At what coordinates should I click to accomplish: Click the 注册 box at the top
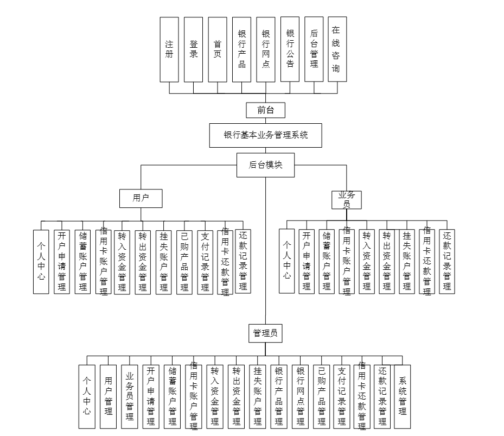(169, 49)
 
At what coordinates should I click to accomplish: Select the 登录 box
(193, 49)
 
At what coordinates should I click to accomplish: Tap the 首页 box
(217, 49)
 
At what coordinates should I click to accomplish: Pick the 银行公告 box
(290, 49)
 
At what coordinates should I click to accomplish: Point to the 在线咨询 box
(337, 49)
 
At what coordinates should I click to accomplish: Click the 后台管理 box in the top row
(314, 49)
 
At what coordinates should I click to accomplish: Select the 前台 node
(265, 110)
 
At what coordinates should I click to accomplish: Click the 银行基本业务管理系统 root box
(265, 136)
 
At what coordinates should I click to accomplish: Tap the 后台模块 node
(265, 165)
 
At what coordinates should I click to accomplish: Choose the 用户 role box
(141, 198)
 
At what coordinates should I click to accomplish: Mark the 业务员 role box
(347, 200)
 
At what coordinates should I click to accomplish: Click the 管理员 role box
(265, 333)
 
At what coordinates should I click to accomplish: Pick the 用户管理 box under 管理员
(108, 396)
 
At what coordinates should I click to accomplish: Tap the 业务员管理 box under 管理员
(129, 396)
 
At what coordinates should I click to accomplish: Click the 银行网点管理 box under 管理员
(300, 396)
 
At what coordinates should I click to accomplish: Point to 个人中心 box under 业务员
(287, 261)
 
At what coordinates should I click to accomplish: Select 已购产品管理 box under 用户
(184, 262)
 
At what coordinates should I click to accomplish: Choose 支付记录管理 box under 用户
(205, 262)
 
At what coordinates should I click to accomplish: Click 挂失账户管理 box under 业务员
(407, 261)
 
